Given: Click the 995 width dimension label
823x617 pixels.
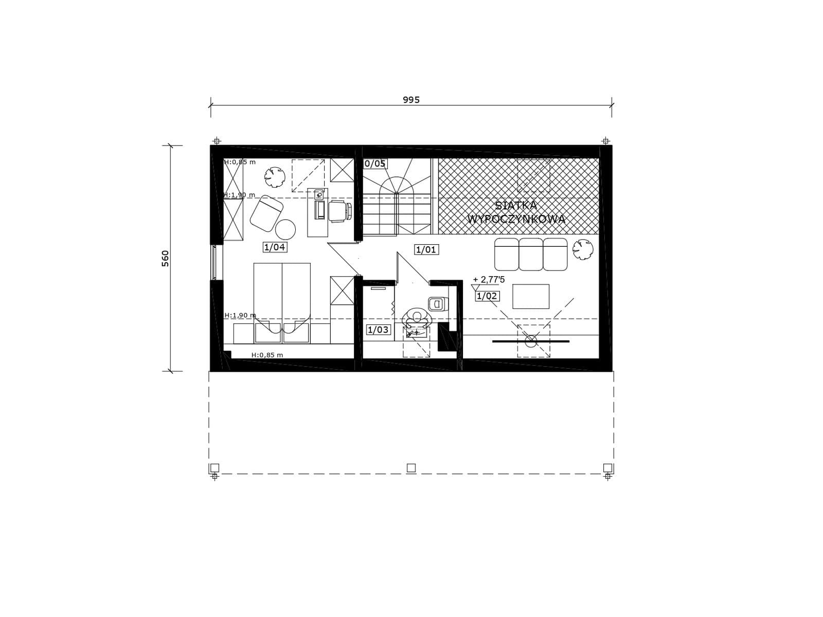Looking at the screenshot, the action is click(411, 100).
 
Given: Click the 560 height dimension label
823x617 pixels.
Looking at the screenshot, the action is click(165, 259).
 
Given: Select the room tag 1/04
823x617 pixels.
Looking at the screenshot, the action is click(275, 247).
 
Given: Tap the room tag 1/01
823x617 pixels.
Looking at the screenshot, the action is click(426, 249).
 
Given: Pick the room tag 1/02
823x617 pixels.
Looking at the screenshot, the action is click(487, 296).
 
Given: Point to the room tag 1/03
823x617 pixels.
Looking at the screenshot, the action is click(378, 330).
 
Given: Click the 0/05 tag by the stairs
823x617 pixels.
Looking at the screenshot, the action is click(375, 164).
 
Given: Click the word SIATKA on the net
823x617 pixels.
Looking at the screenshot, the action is click(516, 206).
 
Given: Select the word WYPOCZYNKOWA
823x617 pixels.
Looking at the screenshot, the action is click(516, 219).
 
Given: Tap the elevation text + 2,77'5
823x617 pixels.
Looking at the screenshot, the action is click(489, 280).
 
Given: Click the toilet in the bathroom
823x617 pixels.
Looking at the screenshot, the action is click(438, 303).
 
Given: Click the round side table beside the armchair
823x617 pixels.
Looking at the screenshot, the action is click(285, 229).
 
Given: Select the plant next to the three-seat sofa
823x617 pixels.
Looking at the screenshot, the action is click(583, 249).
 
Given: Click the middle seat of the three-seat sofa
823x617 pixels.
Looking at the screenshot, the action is click(530, 255).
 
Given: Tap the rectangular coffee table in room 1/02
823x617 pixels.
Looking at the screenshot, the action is click(530, 296).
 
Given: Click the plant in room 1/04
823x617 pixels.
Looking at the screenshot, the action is click(275, 177).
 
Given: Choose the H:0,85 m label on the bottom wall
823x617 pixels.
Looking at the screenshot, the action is click(267, 355).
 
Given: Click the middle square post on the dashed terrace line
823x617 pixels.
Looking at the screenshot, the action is click(411, 468).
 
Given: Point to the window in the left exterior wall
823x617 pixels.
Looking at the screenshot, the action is click(214, 262).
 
